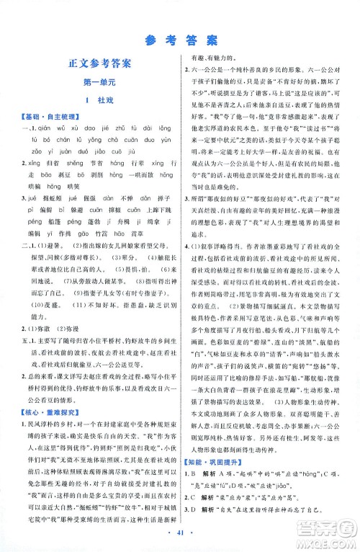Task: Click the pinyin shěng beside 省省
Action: click(x=74, y=164)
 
